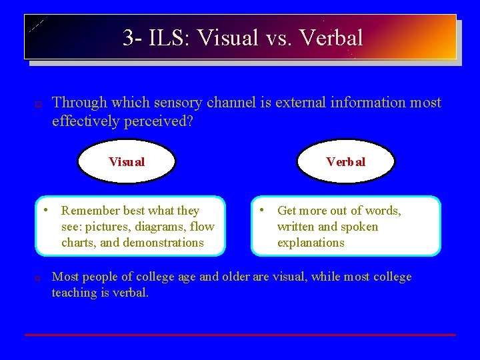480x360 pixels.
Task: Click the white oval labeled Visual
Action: coord(127,161)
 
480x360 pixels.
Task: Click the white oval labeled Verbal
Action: coord(345,161)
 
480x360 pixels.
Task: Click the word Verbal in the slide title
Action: coord(331,37)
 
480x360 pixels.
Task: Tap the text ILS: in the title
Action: coord(167,37)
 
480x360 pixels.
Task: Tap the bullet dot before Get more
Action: coord(265,210)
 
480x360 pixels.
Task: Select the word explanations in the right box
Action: coord(311,243)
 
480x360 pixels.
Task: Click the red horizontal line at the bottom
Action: coord(240,335)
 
